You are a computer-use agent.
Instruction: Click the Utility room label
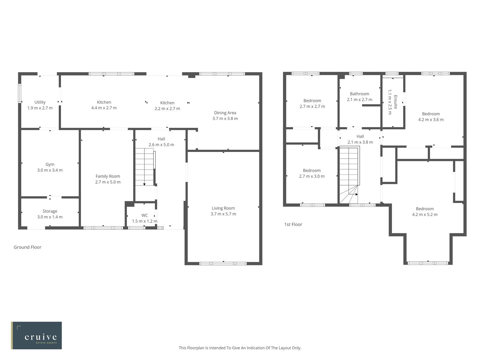point(40,102)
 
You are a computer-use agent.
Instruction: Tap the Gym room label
point(50,164)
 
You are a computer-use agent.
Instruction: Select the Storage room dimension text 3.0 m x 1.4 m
point(50,217)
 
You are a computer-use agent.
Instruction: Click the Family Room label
point(108,176)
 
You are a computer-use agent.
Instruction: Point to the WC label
point(144,215)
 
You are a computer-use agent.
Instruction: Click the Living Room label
point(223,208)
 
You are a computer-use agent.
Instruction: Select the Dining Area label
point(225,113)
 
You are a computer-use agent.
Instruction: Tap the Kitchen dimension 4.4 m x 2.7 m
point(104,108)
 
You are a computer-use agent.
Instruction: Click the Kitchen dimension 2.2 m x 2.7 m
point(167,109)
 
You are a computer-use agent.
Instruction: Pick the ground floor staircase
point(144,167)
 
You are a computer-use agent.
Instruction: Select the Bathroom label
point(359,94)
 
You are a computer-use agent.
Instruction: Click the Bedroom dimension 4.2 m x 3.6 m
point(431,120)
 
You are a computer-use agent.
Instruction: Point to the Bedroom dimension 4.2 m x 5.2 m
point(425,215)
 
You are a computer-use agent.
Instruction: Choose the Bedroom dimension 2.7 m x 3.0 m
point(312,176)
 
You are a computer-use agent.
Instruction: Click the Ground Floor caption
point(27,247)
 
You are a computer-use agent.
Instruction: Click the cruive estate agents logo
point(37,335)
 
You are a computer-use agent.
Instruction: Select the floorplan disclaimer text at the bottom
point(240,348)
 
